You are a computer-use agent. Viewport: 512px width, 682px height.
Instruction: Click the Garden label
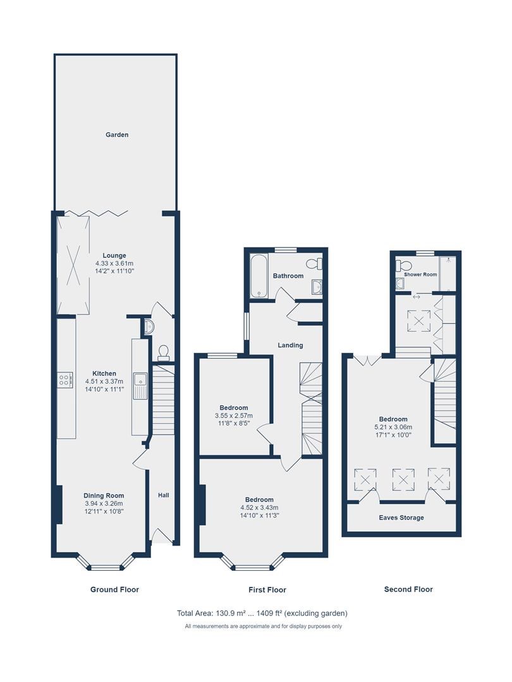pos(117,135)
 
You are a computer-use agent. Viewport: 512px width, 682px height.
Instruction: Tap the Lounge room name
pos(114,256)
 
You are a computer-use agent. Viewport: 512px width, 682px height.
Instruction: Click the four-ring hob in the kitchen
pos(64,380)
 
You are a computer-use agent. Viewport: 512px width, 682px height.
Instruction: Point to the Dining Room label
pos(104,496)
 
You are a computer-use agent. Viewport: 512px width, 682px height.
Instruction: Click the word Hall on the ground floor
pos(163,495)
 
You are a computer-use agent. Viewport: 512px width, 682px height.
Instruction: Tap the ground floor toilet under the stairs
pos(164,353)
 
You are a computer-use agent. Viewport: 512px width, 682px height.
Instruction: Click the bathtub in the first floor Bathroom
pos(259,276)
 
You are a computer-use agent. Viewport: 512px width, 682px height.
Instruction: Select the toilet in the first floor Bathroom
pos(314,263)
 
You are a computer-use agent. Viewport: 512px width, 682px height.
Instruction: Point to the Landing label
pos(290,345)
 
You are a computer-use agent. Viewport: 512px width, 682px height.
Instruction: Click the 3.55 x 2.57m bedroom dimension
pos(234,416)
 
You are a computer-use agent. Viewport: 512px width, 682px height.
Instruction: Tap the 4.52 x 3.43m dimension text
pos(260,508)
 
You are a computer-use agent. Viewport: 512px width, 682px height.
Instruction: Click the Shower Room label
pos(420,275)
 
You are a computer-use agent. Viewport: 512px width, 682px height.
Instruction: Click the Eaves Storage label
pos(401,518)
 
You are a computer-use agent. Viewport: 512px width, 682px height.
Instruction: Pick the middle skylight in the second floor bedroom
pos(404,480)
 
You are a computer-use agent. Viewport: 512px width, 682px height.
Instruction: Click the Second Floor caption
pos(408,589)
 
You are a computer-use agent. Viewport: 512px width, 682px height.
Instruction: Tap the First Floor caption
pos(267,590)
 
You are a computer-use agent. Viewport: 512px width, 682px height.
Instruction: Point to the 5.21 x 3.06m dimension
pos(393,427)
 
